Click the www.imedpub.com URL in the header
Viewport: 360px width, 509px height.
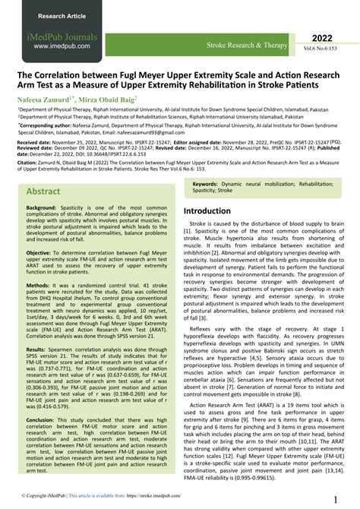[60, 46]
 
